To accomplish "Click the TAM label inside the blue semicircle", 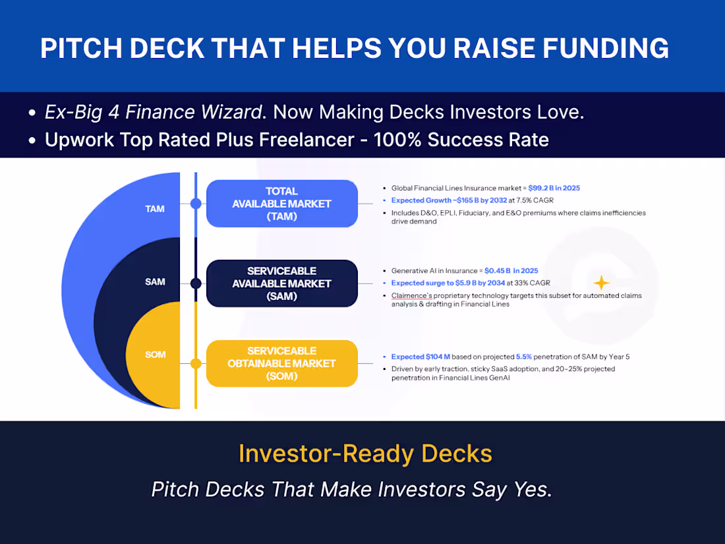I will tap(155, 209).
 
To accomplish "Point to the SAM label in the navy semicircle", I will tap(155, 282).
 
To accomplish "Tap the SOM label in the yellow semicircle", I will tap(155, 355).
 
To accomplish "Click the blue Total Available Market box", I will tap(281, 204).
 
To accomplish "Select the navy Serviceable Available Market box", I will tap(281, 284).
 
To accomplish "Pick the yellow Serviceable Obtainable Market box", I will tap(281, 363).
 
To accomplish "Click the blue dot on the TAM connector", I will tap(196, 204).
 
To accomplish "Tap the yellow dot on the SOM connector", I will tap(196, 363).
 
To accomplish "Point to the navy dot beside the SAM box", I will tap(196, 284).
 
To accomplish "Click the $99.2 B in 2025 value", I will tap(554, 188).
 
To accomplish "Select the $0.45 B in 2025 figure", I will tap(511, 271).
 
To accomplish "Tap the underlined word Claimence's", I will tap(411, 295).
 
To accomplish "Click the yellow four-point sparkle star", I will tap(601, 283).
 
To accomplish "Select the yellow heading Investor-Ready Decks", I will tap(365, 454).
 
